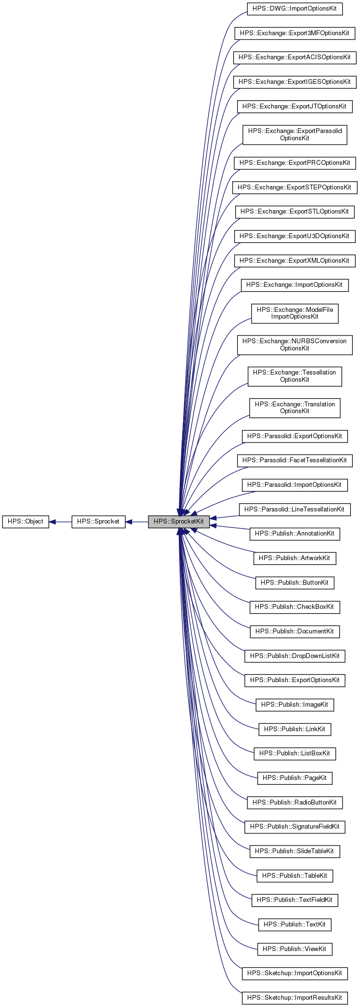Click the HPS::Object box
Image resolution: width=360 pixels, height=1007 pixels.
26,522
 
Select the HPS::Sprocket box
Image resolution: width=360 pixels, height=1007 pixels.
98,522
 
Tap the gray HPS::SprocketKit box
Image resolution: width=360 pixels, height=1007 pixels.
179,522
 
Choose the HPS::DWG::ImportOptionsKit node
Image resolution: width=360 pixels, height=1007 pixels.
294,9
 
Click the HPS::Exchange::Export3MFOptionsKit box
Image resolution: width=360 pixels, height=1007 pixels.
294,33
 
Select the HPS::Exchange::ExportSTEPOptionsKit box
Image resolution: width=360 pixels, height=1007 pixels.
294,187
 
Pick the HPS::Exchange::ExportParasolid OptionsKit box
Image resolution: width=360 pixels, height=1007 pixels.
294,134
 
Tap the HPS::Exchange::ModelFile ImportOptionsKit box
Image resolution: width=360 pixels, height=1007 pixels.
294,313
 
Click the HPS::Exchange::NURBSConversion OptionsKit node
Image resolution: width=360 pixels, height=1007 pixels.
294,345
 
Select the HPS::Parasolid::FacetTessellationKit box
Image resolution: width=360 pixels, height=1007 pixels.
294,460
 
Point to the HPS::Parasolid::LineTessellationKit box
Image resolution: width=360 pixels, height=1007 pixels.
294,510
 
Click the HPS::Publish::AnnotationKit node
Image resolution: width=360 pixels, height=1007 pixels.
294,534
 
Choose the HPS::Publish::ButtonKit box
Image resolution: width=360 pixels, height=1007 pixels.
294,583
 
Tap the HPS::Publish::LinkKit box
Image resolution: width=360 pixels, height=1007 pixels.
294,729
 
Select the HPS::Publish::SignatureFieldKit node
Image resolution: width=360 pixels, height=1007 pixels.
294,827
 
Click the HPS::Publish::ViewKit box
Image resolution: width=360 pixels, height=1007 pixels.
294,949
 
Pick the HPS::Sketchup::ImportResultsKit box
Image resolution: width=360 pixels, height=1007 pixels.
294,998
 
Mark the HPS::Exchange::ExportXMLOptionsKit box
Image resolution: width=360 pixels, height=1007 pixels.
294,261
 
